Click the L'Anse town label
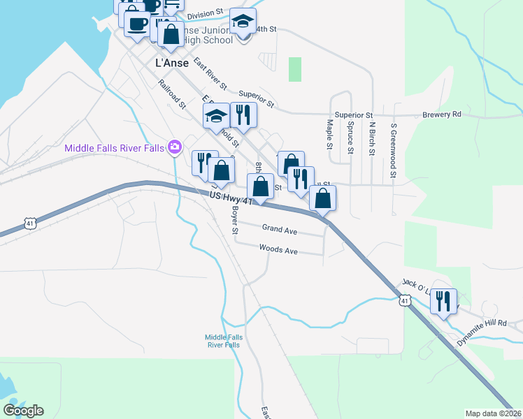tap(170, 62)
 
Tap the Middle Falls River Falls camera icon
tap(175, 147)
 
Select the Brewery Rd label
tap(442, 115)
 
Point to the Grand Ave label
tap(280, 228)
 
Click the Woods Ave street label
tap(278, 248)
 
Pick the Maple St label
tap(329, 133)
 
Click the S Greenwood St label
tap(394, 142)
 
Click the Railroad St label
tap(172, 95)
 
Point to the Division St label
tap(205, 13)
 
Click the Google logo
tap(23, 410)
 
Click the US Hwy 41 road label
tap(230, 198)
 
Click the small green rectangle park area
tap(295, 69)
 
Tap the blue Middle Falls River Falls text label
tap(224, 341)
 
